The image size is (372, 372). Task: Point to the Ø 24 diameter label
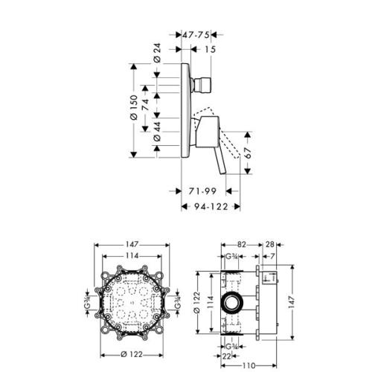158,54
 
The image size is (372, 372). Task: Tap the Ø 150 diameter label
134,110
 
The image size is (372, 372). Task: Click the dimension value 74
147,103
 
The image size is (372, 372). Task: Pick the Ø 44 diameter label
158,134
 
